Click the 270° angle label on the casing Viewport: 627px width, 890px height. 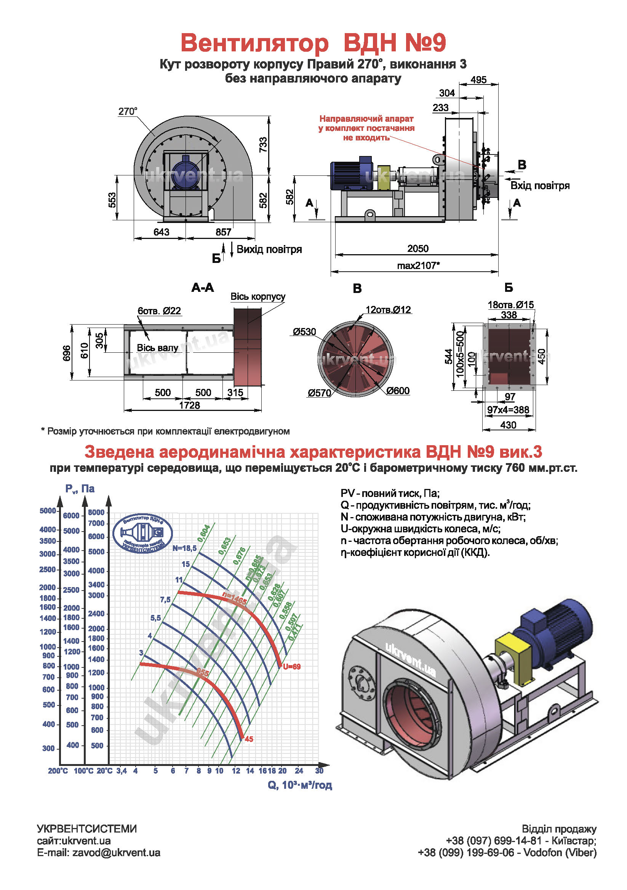pos(128,111)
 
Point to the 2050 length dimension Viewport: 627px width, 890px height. pos(417,248)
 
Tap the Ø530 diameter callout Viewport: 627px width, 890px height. pos(305,332)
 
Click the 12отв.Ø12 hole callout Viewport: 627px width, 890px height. pos(388,310)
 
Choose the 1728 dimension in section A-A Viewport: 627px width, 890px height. pos(189,405)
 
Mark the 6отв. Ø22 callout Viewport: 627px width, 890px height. pos(159,311)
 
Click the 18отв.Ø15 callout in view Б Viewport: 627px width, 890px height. pos(510,305)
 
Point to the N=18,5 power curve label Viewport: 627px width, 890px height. pos(185,548)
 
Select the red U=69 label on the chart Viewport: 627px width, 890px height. pos(292,667)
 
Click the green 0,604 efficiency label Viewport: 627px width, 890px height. pos(204,533)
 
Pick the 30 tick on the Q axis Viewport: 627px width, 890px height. pos(319,771)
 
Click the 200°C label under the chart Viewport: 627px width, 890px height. pos(58,771)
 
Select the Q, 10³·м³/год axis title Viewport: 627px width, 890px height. pos(299,785)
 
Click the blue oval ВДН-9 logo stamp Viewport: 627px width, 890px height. pos(142,533)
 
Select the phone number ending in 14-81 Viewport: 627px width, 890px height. pos(494,841)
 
